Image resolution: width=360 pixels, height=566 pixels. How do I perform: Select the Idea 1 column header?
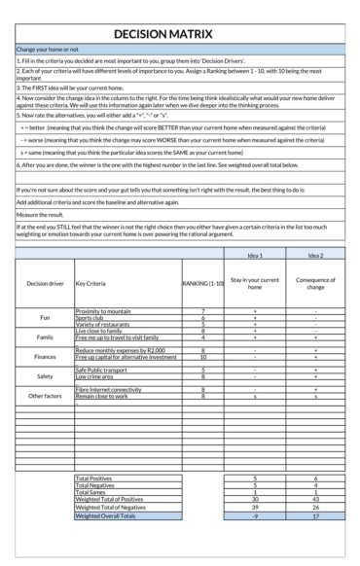coord(254,256)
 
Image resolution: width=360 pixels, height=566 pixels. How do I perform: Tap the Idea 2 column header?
coord(315,256)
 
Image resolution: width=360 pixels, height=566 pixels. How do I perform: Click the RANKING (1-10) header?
coord(201,284)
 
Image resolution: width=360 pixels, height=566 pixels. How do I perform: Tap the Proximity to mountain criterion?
coord(103,310)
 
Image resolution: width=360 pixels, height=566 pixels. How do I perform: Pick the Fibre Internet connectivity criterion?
coord(109,390)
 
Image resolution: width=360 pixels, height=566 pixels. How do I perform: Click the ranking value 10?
coord(201,357)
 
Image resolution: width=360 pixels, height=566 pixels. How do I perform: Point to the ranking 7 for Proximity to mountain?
coord(201,310)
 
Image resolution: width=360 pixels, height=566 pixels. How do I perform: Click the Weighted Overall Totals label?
coord(105,515)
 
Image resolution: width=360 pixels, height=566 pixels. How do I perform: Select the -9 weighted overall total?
coord(254,515)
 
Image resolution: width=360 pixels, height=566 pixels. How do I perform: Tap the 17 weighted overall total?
coord(315,515)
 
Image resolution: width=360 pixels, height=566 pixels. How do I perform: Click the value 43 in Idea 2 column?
coord(315,499)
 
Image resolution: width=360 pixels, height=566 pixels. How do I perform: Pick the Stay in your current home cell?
coord(254,284)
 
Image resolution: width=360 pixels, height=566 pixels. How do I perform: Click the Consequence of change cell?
coord(315,284)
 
